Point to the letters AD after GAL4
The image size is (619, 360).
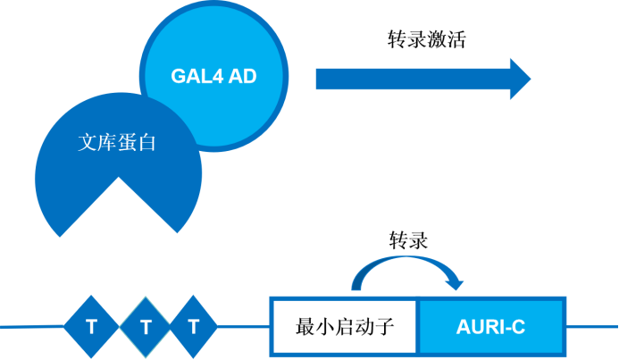tap(242, 76)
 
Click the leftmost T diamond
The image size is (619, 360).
tap(91, 327)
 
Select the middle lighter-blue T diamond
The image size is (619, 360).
tap(145, 327)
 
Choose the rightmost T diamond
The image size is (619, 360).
tap(194, 327)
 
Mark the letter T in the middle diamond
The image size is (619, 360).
tap(145, 328)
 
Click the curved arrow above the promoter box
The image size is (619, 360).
tap(406, 261)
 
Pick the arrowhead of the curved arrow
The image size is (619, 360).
tap(455, 283)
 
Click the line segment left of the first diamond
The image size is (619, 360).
tap(31, 327)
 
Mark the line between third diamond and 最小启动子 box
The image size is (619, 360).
tap(244, 327)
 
